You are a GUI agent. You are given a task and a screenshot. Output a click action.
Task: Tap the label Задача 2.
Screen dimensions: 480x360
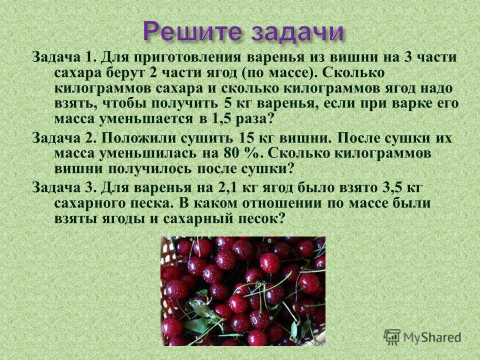64,138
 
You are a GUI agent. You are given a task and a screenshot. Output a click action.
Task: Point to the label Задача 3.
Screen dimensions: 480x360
64,187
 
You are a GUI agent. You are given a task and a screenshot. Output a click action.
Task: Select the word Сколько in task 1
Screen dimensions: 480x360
353,73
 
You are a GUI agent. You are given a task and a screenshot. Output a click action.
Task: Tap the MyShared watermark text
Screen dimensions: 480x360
432,337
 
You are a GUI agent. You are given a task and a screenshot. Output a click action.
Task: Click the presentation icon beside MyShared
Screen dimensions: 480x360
392,337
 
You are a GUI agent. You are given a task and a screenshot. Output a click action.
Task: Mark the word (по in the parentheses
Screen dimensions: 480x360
252,73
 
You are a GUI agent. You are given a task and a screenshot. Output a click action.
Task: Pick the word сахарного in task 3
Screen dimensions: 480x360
90,203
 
